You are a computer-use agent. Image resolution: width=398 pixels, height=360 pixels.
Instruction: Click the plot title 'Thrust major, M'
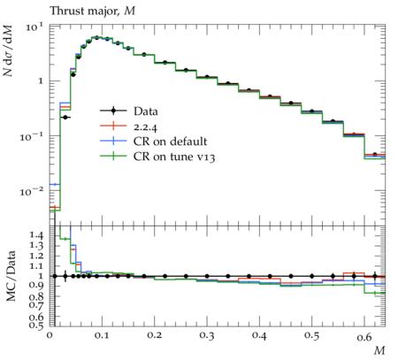click(x=92, y=11)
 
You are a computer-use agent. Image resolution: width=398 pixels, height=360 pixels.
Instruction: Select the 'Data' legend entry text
click(x=146, y=111)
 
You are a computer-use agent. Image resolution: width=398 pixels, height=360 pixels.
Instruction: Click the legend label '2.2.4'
click(x=145, y=127)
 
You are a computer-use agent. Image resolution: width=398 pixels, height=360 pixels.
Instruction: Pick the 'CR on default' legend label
click(x=170, y=142)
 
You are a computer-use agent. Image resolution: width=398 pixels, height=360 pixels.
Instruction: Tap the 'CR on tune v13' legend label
click(x=174, y=157)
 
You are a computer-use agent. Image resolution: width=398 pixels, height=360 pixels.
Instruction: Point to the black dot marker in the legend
click(x=113, y=111)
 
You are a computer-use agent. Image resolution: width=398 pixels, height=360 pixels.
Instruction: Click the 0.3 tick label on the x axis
click(x=207, y=335)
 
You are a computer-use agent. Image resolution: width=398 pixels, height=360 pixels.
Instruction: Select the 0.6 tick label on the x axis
click(x=364, y=336)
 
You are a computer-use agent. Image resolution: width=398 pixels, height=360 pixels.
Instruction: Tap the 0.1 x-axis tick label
click(x=102, y=335)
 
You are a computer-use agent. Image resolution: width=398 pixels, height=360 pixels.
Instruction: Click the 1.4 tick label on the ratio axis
click(x=36, y=235)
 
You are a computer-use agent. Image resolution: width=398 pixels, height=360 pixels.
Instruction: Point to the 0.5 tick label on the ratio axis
click(x=36, y=325)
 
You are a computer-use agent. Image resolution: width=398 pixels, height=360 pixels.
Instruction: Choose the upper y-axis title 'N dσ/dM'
click(x=8, y=50)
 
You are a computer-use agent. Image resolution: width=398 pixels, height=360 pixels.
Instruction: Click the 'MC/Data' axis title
click(x=11, y=276)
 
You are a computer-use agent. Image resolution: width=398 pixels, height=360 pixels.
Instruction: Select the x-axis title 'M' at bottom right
click(x=379, y=350)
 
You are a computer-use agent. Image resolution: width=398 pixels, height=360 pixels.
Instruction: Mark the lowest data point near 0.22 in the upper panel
click(x=65, y=118)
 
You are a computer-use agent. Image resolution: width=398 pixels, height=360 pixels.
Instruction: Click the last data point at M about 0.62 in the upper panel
click(x=375, y=154)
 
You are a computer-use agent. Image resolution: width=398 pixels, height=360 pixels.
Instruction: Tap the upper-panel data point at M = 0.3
click(x=207, y=77)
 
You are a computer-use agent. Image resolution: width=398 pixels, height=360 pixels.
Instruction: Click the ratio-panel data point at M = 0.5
click(x=312, y=276)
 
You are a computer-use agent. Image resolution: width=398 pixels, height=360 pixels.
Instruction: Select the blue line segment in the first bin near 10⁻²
click(x=55, y=185)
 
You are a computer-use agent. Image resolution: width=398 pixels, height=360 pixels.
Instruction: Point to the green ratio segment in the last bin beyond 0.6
click(x=375, y=293)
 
